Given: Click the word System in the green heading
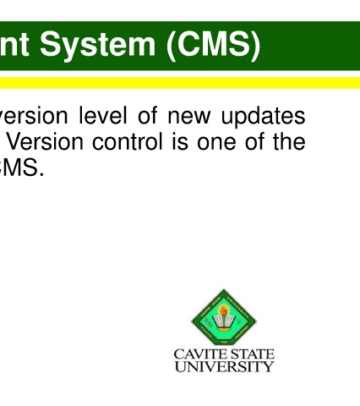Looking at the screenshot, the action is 97,45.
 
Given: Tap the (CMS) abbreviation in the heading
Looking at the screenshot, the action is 214,45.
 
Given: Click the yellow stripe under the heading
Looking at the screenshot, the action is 180,83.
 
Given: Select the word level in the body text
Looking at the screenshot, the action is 103,115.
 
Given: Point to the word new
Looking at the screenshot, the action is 189,117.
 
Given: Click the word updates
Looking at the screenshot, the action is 263,117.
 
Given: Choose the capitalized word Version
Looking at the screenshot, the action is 45,141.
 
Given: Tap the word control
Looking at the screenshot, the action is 128,141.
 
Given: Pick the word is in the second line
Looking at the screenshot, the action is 180,141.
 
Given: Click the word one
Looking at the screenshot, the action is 216,143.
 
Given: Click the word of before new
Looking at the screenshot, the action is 147,115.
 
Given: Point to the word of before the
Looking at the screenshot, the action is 254,141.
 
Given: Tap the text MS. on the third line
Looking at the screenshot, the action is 22,167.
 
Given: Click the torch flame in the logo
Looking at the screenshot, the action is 224,310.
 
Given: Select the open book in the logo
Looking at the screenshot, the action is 224,322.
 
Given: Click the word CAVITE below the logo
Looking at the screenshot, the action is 196,354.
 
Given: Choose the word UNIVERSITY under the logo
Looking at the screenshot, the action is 224,366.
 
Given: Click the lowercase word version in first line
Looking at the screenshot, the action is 34,117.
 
